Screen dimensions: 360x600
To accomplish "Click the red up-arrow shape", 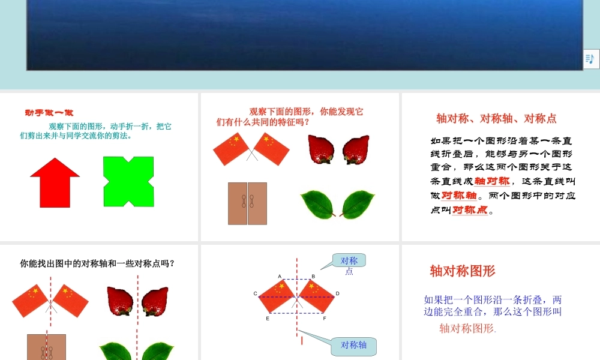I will click(55, 182).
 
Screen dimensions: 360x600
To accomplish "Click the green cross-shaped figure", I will click(128, 181).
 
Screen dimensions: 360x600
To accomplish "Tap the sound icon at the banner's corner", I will click(590, 58).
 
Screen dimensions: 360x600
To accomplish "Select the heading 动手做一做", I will click(49, 112).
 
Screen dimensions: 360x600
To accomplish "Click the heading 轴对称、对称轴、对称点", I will click(496, 118).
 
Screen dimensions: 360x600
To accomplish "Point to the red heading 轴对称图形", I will click(463, 271).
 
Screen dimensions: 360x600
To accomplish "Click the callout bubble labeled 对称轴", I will click(353, 345).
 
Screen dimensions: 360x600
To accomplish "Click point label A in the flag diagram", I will click(280, 277).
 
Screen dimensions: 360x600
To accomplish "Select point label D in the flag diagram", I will click(338, 293).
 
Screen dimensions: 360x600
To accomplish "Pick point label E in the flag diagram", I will click(268, 319).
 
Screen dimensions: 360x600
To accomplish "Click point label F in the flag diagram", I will click(324, 319).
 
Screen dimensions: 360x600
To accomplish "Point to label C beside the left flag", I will click(256, 293).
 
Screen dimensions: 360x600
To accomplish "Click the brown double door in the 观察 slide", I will click(247, 203).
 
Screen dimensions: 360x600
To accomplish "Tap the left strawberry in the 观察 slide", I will click(320, 149).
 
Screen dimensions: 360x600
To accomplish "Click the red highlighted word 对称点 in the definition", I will click(470, 209).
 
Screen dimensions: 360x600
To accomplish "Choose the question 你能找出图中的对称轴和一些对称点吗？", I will click(97, 263).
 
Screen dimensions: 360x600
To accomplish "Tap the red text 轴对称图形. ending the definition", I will click(467, 328).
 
